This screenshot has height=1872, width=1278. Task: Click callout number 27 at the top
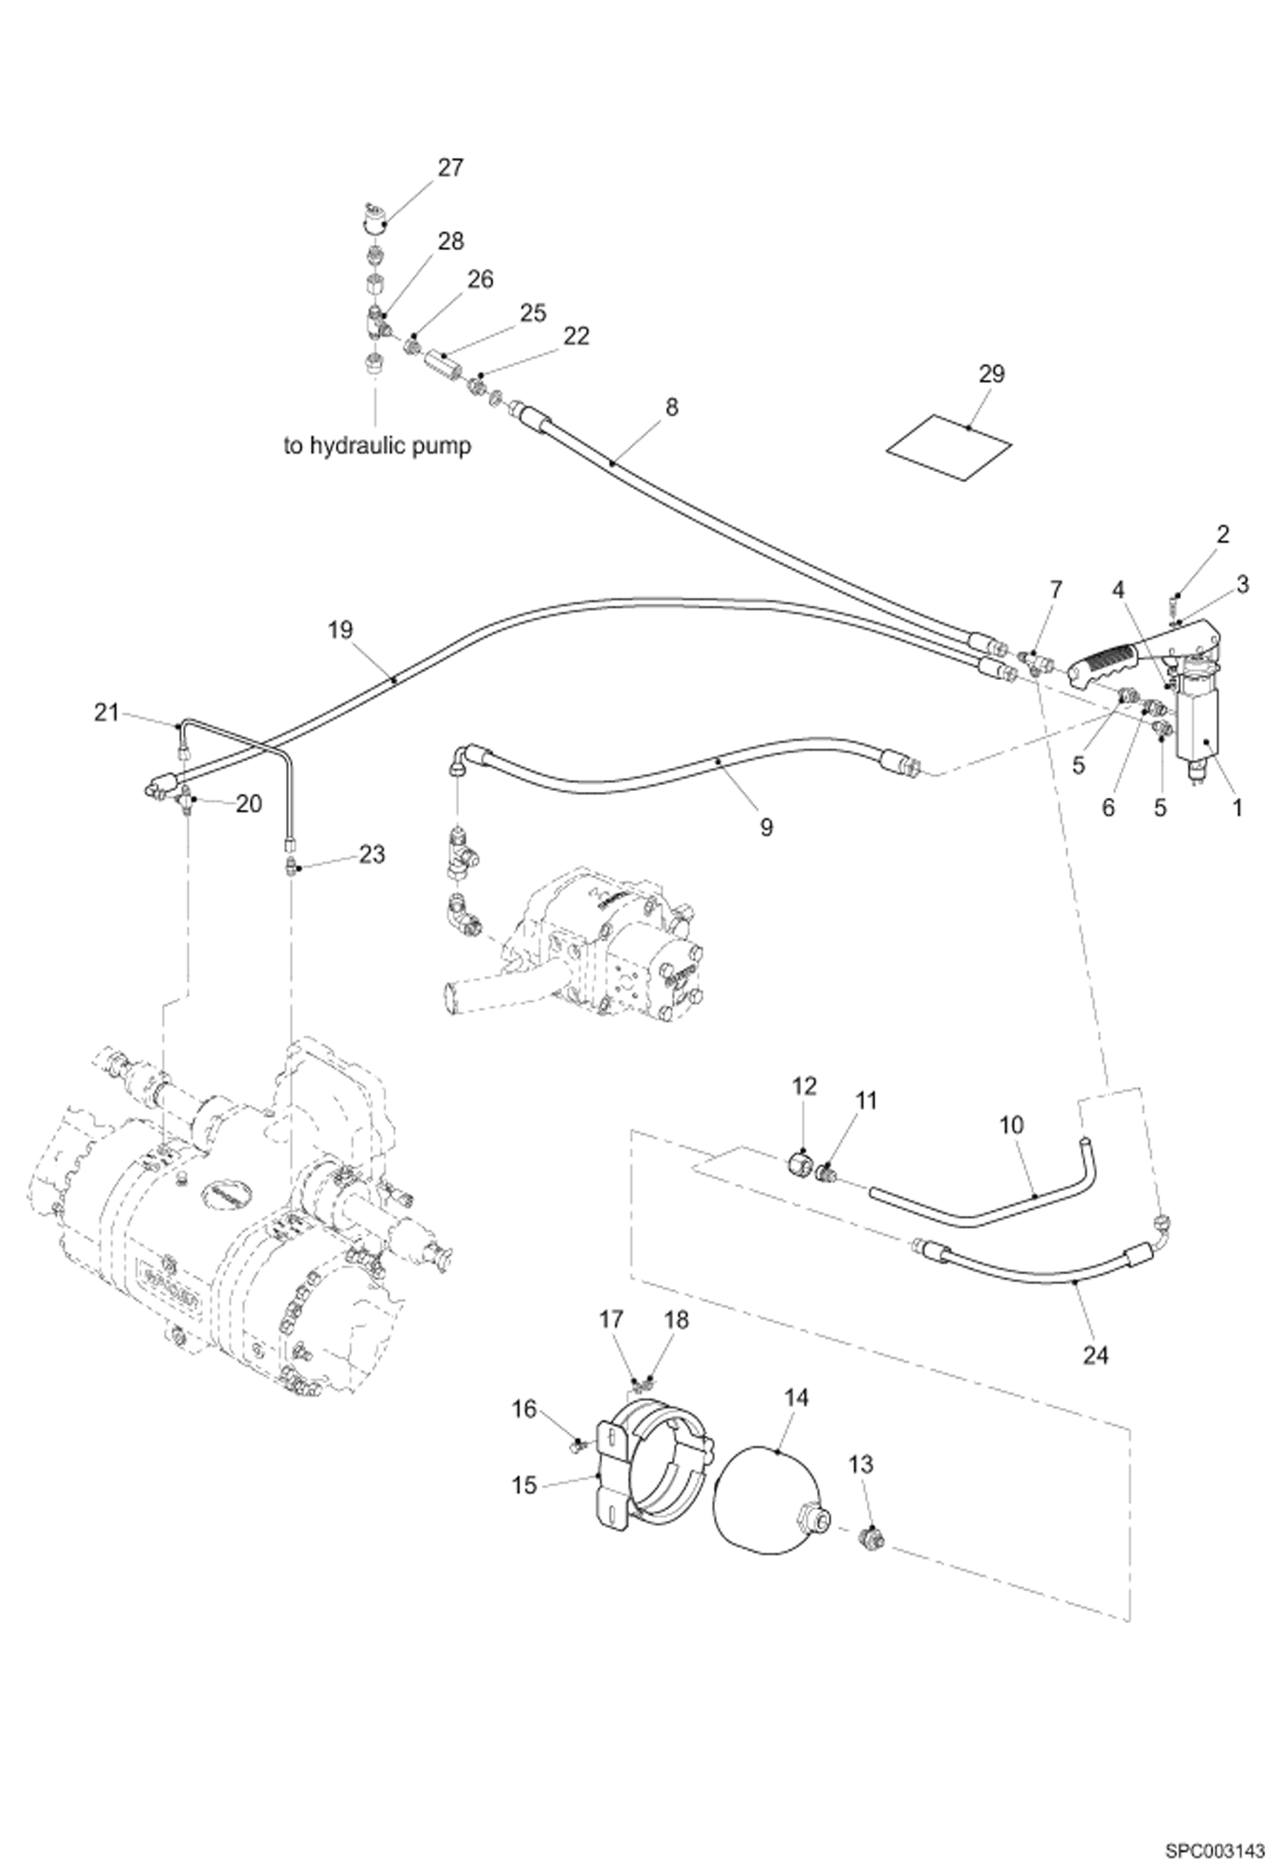click(450, 168)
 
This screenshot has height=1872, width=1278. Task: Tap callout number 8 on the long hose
click(671, 408)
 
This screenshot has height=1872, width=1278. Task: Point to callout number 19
click(340, 630)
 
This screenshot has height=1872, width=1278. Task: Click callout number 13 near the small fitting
click(861, 1464)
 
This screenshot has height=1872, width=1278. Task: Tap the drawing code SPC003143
click(1214, 1846)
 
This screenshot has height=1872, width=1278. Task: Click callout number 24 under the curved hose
click(1095, 1354)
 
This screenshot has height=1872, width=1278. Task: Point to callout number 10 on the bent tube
click(1011, 1125)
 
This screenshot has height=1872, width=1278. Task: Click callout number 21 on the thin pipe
click(106, 713)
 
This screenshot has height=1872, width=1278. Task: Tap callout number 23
click(372, 854)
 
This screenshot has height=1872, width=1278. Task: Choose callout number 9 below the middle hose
click(765, 826)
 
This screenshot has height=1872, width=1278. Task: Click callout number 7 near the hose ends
click(1056, 589)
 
